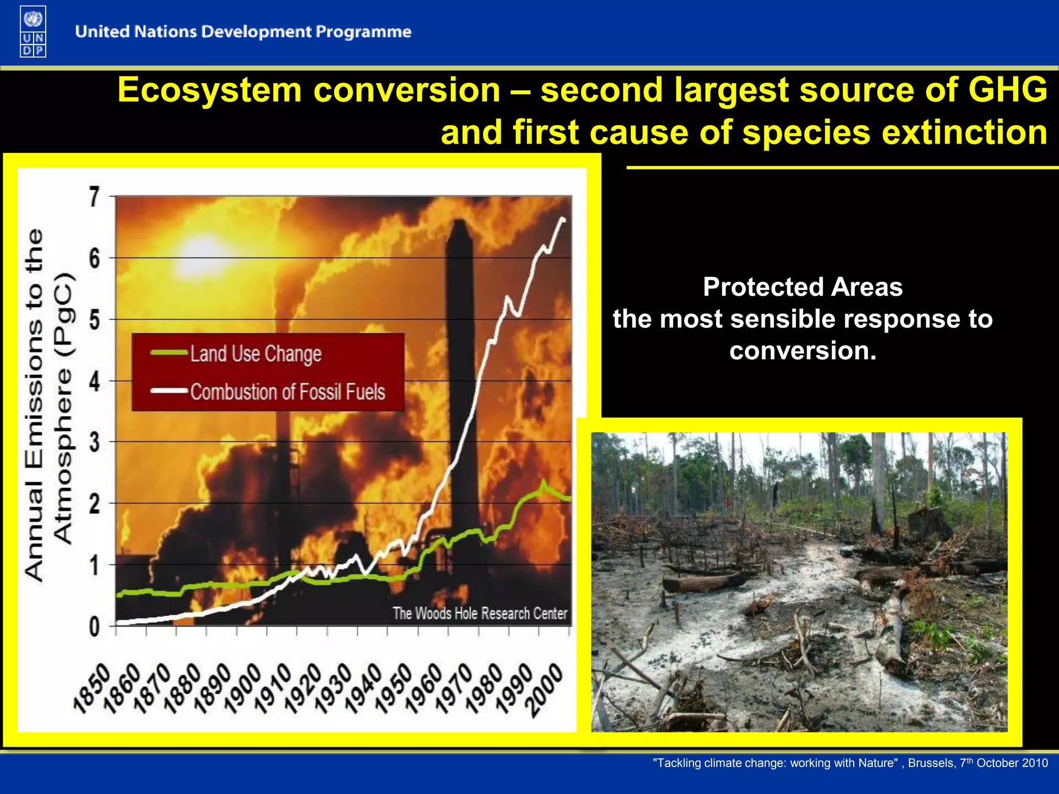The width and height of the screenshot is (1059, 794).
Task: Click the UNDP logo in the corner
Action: point(33,31)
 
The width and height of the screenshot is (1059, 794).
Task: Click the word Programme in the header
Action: point(364,32)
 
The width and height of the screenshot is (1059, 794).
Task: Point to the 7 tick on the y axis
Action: point(94,197)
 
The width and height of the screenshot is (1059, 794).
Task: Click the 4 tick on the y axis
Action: point(94,382)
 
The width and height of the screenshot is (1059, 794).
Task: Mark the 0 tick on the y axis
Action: point(94,627)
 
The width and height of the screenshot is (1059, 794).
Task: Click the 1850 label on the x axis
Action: point(92,689)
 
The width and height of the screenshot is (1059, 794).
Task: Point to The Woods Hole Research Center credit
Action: point(480,614)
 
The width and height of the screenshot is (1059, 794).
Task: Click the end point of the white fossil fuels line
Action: point(563,220)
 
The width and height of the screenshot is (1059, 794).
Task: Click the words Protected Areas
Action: point(803,287)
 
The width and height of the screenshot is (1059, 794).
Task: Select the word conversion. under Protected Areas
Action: point(803,351)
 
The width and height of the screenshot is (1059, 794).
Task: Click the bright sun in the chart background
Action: point(204,252)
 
